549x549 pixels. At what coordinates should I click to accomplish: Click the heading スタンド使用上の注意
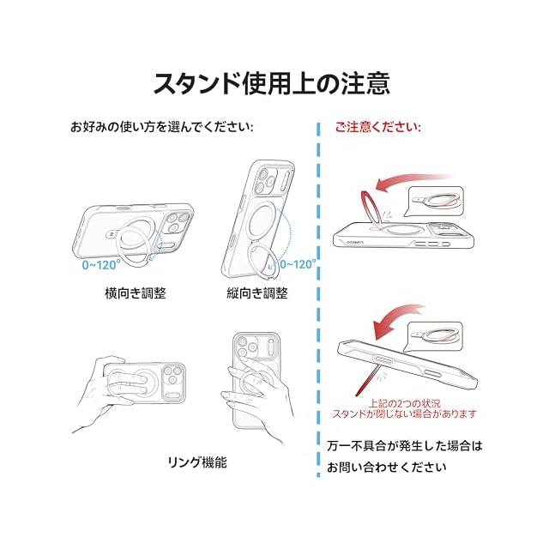(272, 84)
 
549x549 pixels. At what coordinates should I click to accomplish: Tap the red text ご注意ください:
(377, 127)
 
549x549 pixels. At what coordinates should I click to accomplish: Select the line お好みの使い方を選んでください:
(162, 127)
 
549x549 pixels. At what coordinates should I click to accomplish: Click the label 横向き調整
(136, 293)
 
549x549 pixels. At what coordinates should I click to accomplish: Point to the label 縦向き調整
(257, 293)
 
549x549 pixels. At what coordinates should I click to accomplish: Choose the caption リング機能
(197, 462)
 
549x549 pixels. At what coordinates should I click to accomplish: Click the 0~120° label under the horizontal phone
(101, 265)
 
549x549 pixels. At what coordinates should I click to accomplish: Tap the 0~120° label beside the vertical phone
(299, 264)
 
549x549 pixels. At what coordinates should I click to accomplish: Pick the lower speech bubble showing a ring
(433, 336)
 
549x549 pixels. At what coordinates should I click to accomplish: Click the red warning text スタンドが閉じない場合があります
(404, 413)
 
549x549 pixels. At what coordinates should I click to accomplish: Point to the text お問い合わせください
(387, 467)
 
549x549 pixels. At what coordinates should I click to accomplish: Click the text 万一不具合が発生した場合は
(405, 446)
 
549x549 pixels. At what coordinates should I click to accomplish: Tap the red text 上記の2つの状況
(404, 403)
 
